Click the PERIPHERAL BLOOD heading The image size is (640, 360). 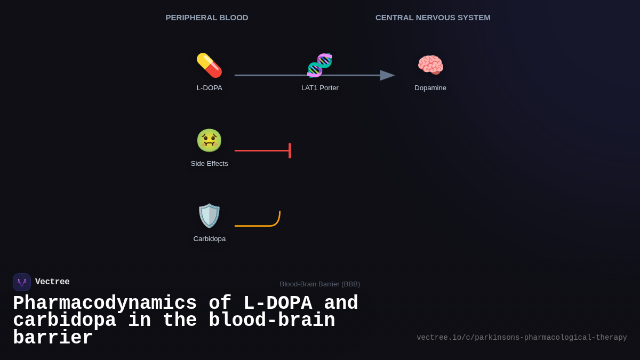(x=207, y=18)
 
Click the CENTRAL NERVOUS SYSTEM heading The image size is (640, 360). (x=433, y=18)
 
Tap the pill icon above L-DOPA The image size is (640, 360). (x=209, y=65)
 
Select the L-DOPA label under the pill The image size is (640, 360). (x=209, y=88)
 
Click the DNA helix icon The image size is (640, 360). (x=320, y=65)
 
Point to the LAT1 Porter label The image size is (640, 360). (x=320, y=88)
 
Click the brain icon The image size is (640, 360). (x=430, y=65)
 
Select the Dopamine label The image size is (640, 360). (x=430, y=88)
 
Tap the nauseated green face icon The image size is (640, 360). (x=209, y=140)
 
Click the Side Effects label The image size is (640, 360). (x=209, y=164)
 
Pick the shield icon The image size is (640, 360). (x=209, y=215)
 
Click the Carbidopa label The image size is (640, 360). (x=209, y=239)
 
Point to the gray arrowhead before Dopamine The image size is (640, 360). (x=387, y=75)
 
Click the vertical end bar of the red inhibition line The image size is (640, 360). (x=290, y=150)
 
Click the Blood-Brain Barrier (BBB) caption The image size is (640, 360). (x=319, y=284)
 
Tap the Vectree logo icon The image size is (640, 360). (x=22, y=282)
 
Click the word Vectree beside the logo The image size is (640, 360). (x=52, y=282)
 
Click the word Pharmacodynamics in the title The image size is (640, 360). (x=105, y=303)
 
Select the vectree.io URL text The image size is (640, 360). (x=522, y=338)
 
